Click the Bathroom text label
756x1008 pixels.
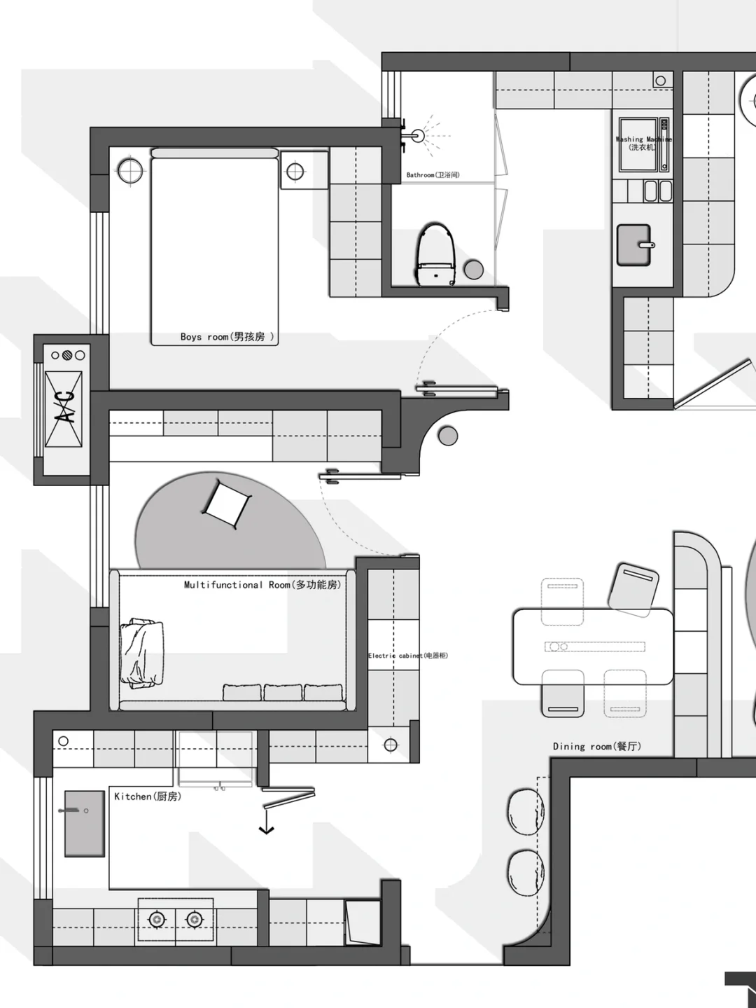433,175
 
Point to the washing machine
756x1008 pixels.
643,145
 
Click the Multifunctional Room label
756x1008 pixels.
262,585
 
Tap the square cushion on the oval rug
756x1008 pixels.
226,503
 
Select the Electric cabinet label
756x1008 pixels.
407,656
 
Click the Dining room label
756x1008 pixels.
596,747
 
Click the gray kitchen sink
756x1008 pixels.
85,824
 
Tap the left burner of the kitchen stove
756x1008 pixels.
157,918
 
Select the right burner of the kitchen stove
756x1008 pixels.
194,918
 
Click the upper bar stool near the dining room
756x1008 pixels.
525,812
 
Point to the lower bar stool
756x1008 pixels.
526,873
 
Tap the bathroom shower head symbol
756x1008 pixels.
418,136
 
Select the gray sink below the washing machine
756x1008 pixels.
634,244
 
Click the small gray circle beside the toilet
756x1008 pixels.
474,270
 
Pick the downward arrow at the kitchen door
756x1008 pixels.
266,829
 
